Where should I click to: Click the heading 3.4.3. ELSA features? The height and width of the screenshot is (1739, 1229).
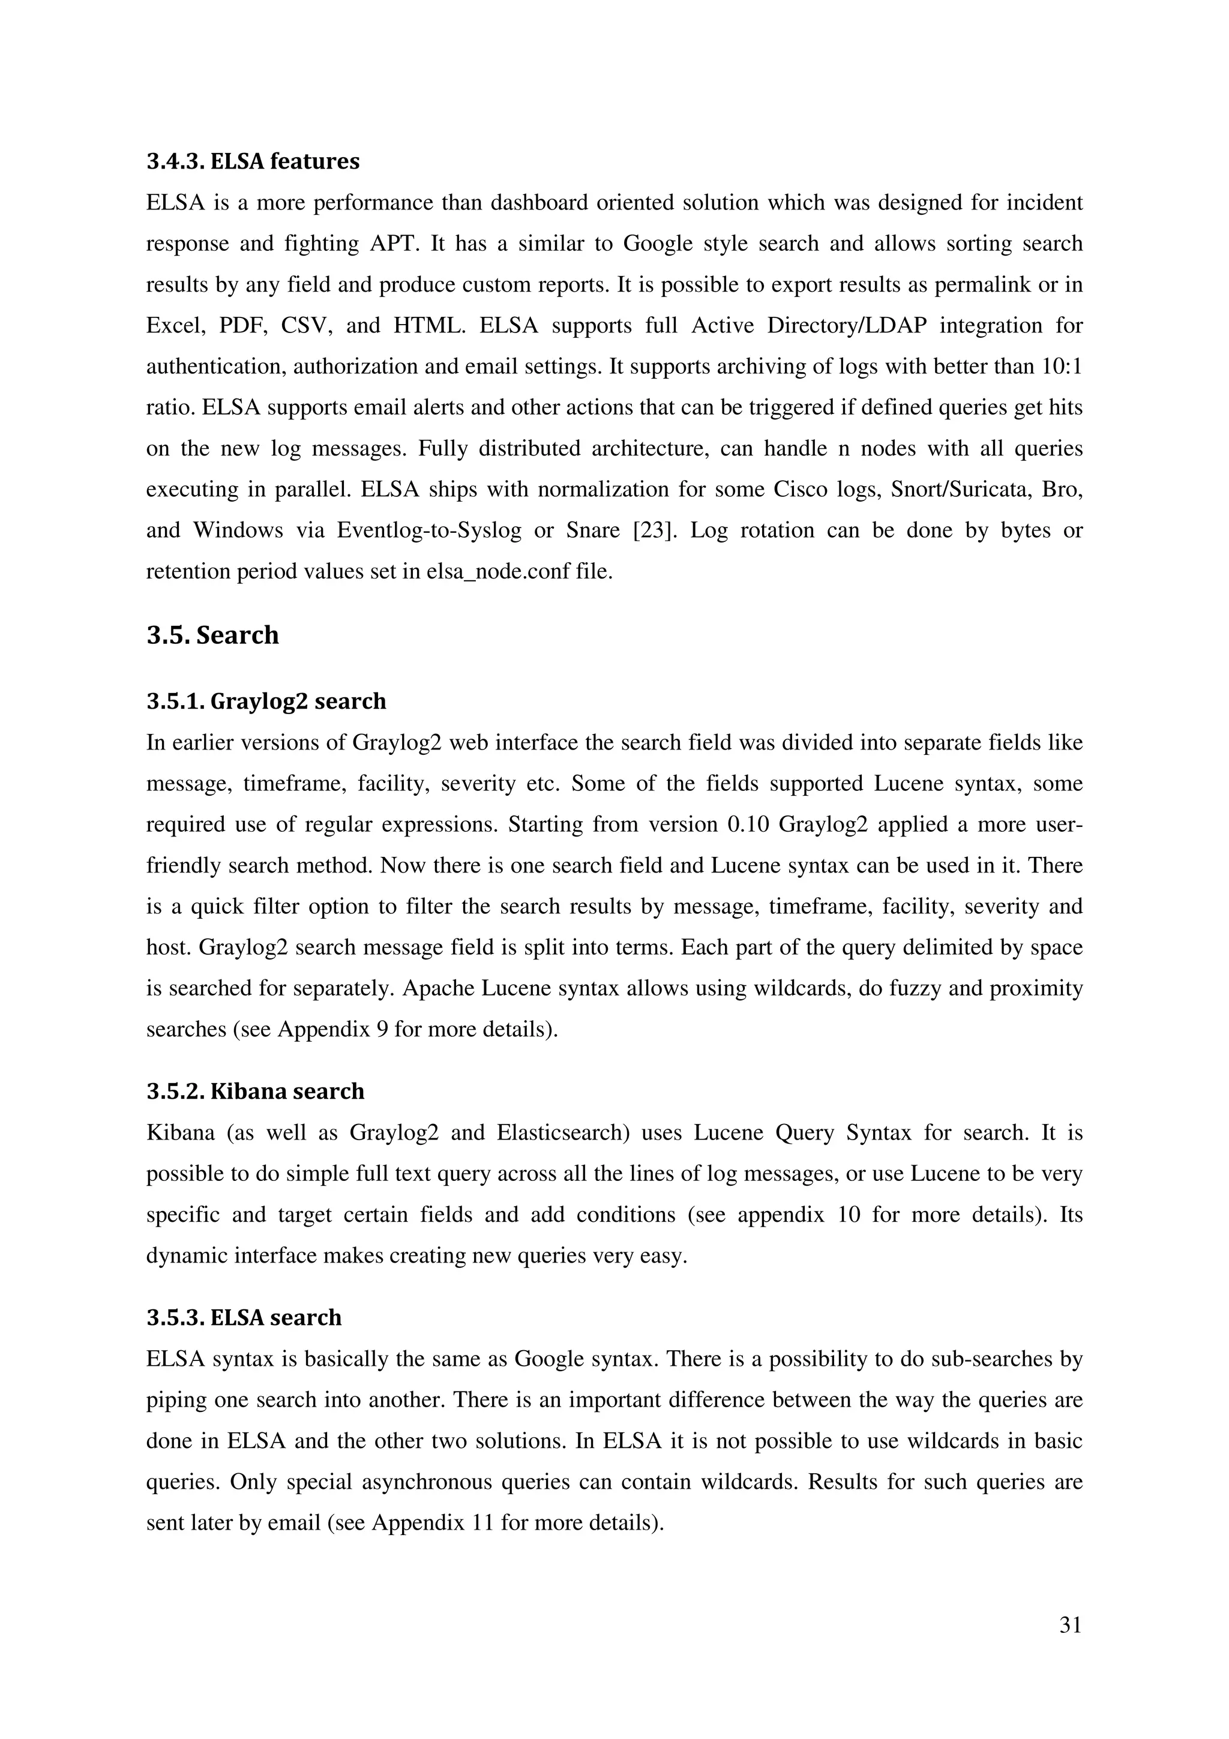click(x=253, y=161)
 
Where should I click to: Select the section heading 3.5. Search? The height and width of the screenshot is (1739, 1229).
click(x=213, y=635)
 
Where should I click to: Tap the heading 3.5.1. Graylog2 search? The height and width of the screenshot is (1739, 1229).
click(x=266, y=701)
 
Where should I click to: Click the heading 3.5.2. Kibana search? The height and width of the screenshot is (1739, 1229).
click(x=255, y=1092)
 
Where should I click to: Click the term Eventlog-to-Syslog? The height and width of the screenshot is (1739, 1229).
click(x=429, y=530)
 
